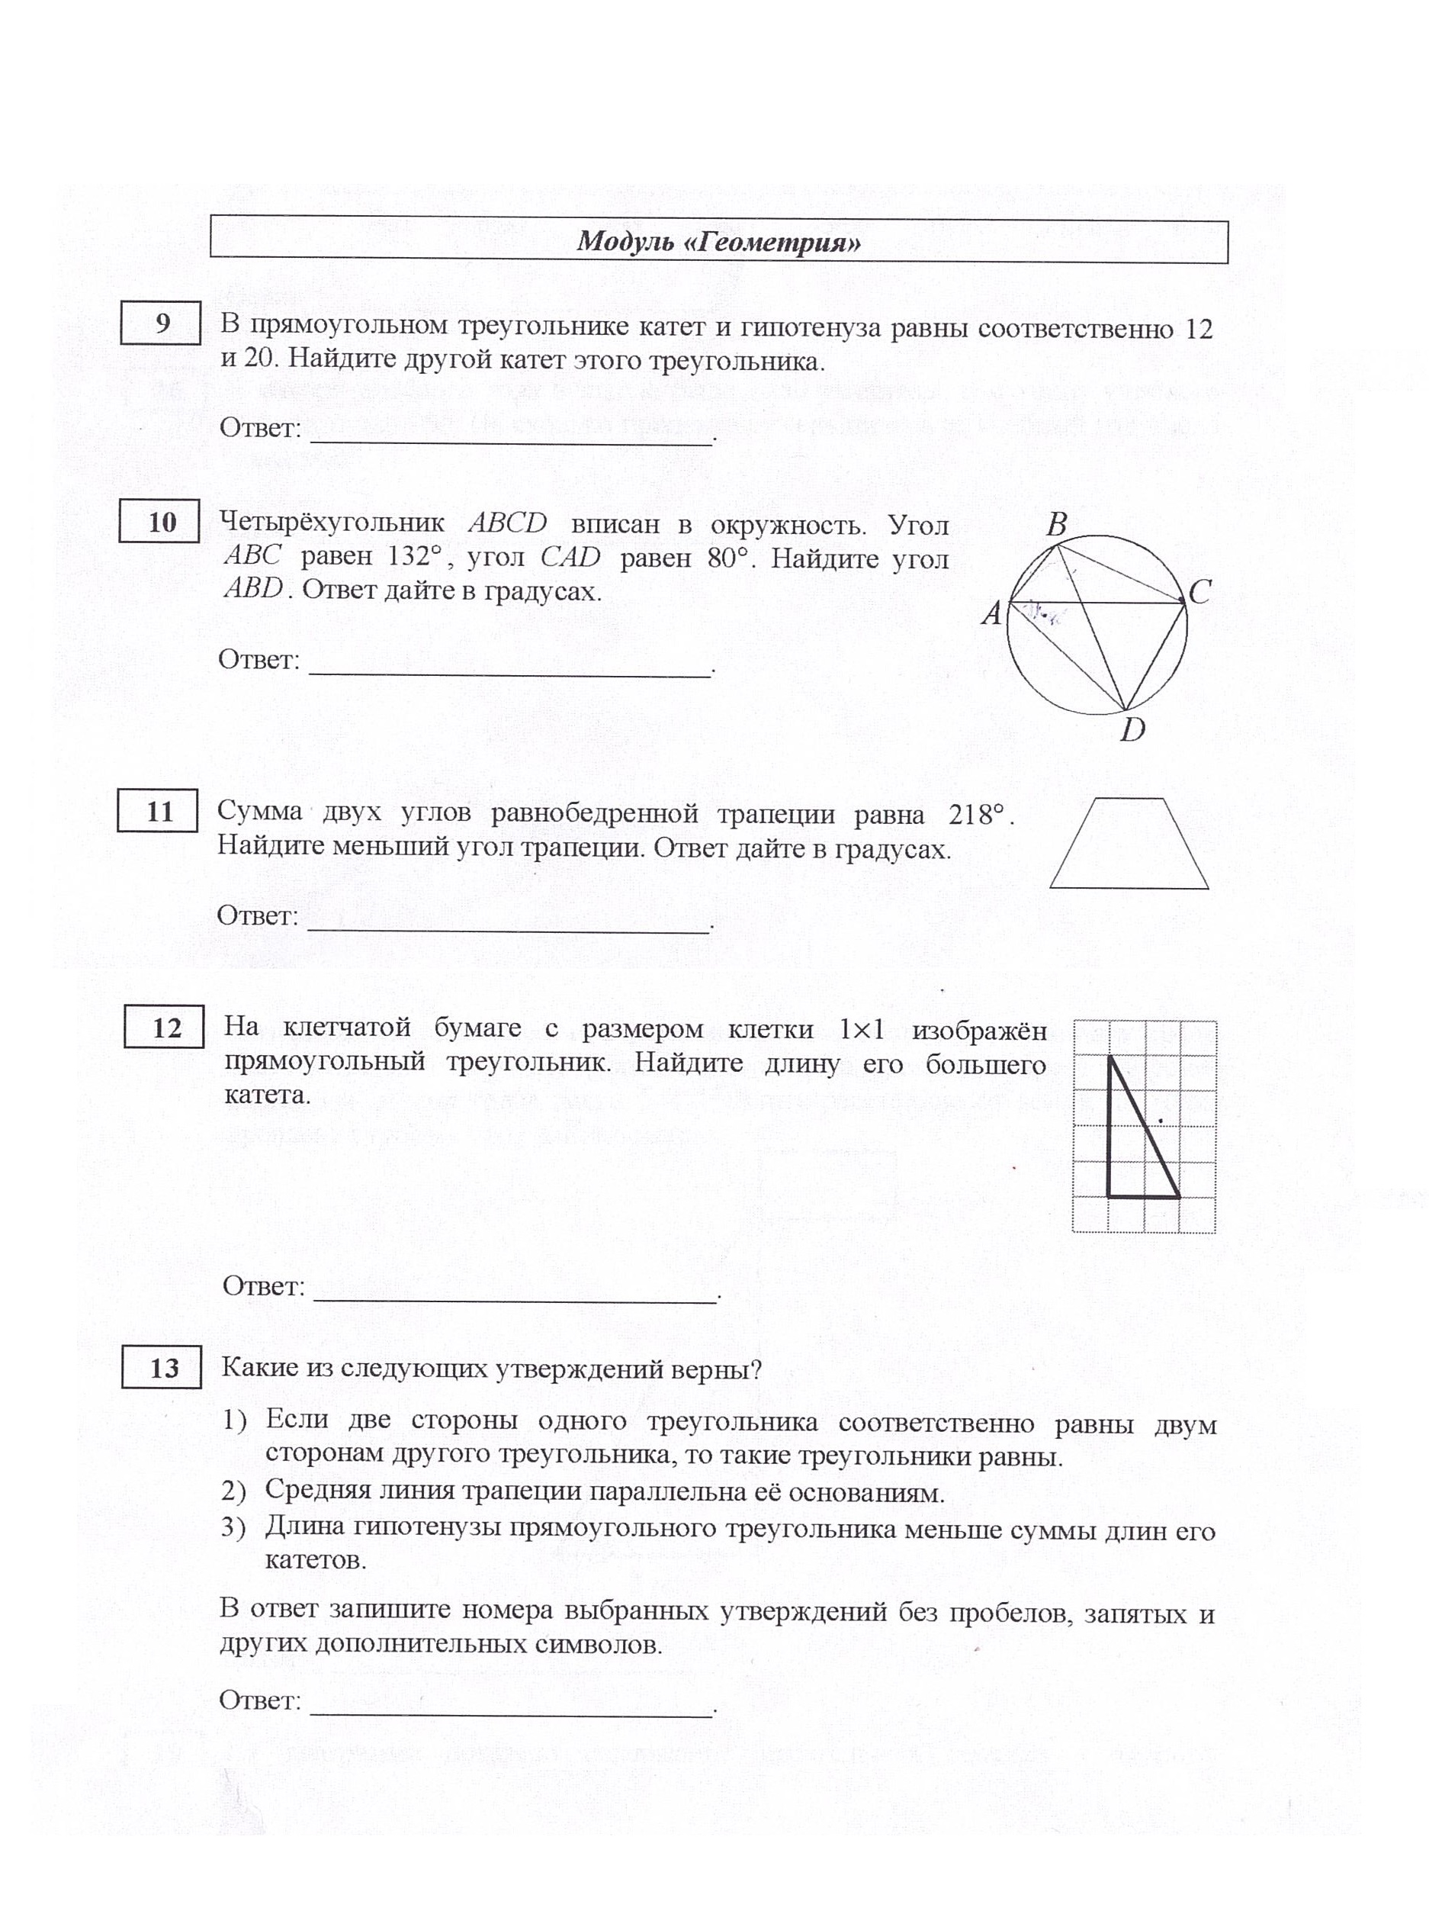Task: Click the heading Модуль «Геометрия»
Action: [x=718, y=241]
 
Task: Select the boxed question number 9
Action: [x=162, y=323]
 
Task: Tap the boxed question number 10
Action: [x=161, y=522]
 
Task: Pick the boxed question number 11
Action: [x=159, y=812]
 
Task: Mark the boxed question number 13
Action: [x=162, y=1368]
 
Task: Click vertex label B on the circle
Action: [x=1056, y=524]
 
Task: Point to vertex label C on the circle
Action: [x=1199, y=593]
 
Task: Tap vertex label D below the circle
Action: [x=1132, y=730]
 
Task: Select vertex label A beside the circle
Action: [x=991, y=614]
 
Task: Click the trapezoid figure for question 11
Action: [x=1129, y=844]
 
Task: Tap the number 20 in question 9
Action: [x=259, y=359]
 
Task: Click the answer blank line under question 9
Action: [x=510, y=441]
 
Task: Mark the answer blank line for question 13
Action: [x=510, y=1713]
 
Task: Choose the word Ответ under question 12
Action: [x=264, y=1287]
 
